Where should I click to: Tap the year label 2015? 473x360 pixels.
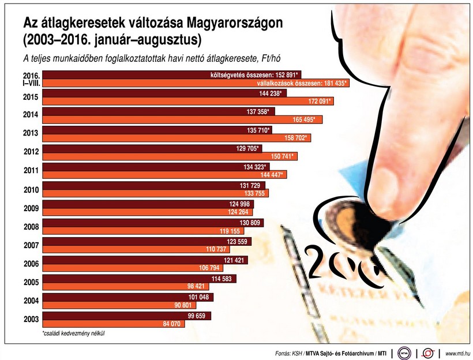[31, 97]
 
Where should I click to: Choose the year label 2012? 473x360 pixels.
[31, 152]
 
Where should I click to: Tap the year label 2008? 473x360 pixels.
[31, 227]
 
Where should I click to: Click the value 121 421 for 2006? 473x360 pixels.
[239, 260]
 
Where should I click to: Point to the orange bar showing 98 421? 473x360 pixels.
[115, 286]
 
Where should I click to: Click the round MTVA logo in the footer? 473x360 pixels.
[404, 353]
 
